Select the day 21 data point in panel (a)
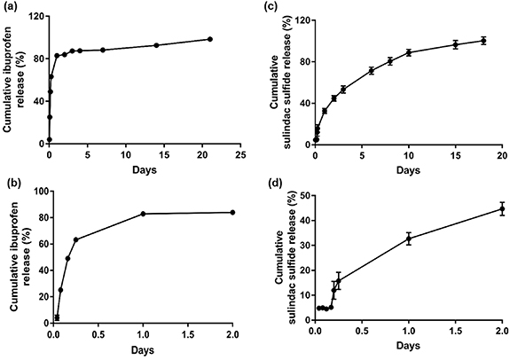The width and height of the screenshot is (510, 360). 209,39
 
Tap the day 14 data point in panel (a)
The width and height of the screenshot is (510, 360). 156,45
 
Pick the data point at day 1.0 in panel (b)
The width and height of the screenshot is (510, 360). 143,214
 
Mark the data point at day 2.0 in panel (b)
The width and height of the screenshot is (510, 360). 232,212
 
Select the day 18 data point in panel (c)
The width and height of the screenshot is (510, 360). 483,41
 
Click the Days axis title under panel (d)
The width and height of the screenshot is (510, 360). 408,351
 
